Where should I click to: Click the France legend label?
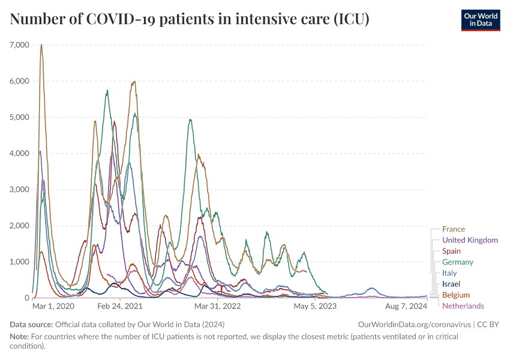453,229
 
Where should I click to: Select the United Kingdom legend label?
470,240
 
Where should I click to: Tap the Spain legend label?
451,251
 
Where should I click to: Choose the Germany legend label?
457,262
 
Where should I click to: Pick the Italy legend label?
449,273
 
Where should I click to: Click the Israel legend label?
451,284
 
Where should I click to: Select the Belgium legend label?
455,295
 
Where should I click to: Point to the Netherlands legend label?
463,306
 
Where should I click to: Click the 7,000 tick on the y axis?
20,45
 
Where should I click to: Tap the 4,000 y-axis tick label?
20,153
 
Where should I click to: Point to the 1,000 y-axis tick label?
20,262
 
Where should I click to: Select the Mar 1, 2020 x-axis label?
53,306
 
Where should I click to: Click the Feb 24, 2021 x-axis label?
120,306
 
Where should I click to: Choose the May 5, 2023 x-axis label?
315,306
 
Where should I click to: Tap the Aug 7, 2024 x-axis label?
406,306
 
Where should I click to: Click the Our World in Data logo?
480,20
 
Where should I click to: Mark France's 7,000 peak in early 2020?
41,45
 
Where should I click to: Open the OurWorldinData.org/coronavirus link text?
413,325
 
